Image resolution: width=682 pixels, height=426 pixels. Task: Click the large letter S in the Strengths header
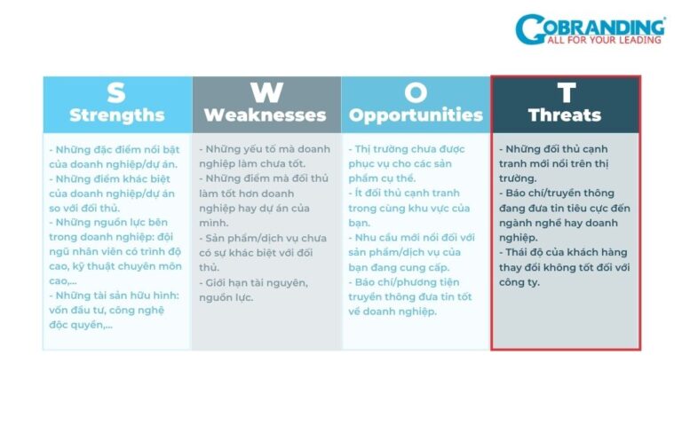(x=116, y=93)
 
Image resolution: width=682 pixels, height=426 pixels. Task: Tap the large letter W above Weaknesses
(x=266, y=93)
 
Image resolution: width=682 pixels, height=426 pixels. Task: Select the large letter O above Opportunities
(x=416, y=93)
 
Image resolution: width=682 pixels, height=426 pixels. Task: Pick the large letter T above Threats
(x=565, y=93)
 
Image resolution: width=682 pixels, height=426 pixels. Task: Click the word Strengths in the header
(x=116, y=115)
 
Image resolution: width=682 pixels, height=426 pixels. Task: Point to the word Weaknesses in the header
(x=266, y=115)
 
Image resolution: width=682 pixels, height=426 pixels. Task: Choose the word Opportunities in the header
(x=416, y=115)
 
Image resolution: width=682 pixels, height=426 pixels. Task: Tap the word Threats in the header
(x=565, y=115)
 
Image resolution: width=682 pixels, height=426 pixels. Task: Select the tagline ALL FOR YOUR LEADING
(x=605, y=39)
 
